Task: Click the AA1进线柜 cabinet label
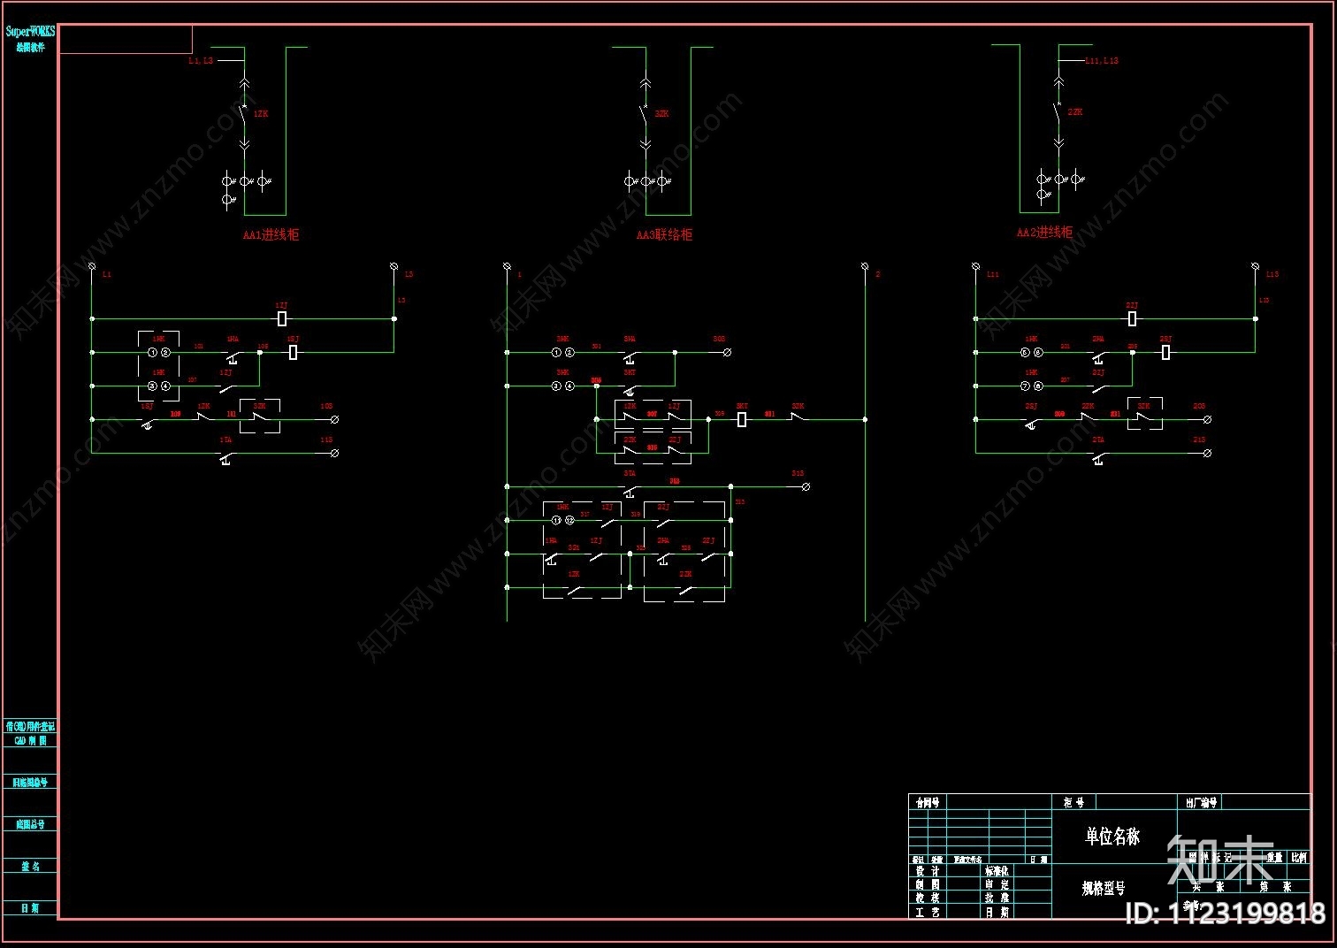271,235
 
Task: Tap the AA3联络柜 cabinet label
664,235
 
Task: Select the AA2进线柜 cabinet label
1044,233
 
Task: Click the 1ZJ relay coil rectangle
282,318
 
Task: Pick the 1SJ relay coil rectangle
294,352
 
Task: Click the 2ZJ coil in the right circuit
1132,318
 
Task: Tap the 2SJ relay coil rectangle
1165,352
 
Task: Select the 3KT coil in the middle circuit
742,419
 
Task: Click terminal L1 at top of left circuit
92,266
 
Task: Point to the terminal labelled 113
334,453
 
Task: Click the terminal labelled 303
727,352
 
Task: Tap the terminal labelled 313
806,486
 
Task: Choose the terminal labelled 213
1207,453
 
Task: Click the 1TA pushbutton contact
226,456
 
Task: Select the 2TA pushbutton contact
1098,456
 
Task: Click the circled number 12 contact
569,520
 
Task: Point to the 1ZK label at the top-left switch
261,114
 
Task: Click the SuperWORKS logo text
30,32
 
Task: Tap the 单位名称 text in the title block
1112,836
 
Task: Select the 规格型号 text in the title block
1104,888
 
